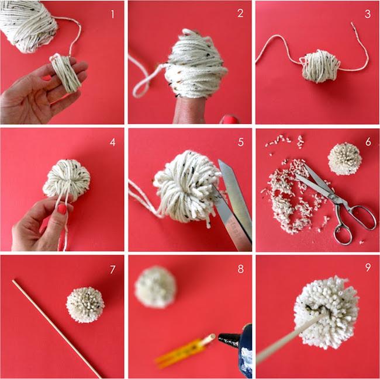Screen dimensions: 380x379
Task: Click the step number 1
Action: pos(112,14)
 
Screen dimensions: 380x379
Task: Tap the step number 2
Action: pos(240,13)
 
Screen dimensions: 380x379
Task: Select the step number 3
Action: pos(368,14)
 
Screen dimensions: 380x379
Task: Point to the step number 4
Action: pos(112,142)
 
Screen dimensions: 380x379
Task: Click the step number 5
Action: pos(240,142)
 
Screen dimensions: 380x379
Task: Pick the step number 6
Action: pos(368,142)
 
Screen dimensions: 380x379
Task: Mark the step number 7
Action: pos(112,270)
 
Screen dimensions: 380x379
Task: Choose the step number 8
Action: pos(240,269)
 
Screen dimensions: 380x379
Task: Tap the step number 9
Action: pos(368,267)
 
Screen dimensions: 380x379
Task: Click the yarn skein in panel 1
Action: pos(28,26)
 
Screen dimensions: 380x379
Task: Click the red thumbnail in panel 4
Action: pos(63,209)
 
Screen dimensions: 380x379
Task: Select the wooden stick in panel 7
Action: pos(56,329)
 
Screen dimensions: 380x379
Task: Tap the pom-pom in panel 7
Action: pos(85,305)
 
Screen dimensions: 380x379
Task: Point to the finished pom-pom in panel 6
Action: pos(344,159)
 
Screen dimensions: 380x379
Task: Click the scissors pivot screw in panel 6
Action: pos(334,198)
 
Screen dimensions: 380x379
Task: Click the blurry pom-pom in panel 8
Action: pos(156,287)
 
